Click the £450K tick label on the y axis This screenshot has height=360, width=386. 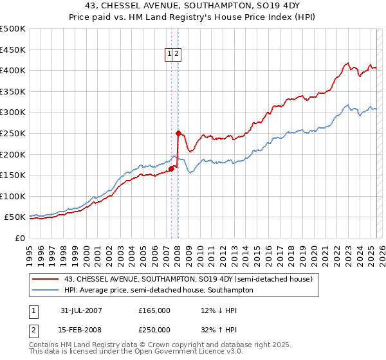[13, 50]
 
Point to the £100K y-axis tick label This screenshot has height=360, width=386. [13, 197]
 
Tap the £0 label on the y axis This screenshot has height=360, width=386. [20, 239]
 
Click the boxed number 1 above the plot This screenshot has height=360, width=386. [169, 55]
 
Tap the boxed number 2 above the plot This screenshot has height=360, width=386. [177, 55]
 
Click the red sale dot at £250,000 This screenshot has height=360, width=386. [178, 133]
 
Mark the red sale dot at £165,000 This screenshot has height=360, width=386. [172, 169]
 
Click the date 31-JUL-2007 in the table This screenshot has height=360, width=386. [81, 310]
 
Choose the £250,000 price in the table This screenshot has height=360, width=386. [154, 331]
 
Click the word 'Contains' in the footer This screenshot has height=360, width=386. [45, 345]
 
